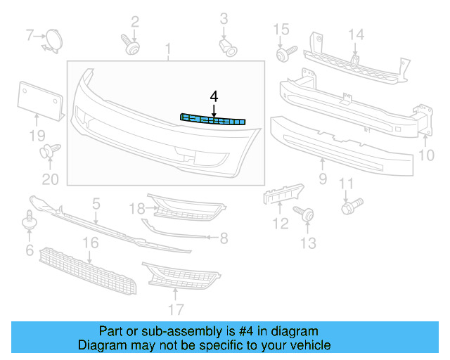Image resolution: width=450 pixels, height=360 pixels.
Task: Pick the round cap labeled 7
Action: click(x=52, y=39)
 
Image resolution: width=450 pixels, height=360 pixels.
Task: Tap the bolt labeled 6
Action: click(x=30, y=219)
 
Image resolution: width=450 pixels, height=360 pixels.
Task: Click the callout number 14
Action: click(x=356, y=34)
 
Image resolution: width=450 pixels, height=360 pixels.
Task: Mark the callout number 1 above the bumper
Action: click(x=168, y=48)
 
